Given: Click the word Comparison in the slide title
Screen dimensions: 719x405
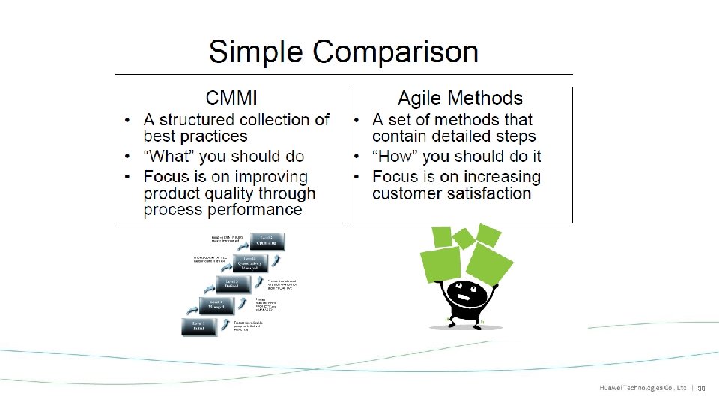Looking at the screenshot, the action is click(x=396, y=53).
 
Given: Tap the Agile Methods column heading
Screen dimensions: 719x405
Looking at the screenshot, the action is click(x=460, y=98).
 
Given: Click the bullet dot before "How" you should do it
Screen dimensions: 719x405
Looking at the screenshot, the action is click(x=358, y=157).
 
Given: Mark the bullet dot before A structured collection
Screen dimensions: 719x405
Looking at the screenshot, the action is click(x=130, y=121).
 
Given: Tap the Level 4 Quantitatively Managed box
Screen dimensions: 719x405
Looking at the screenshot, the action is click(x=253, y=262).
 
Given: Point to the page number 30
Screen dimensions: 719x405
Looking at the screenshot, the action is click(x=703, y=388).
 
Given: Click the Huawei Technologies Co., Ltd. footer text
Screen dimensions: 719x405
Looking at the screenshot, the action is click(x=643, y=388).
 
